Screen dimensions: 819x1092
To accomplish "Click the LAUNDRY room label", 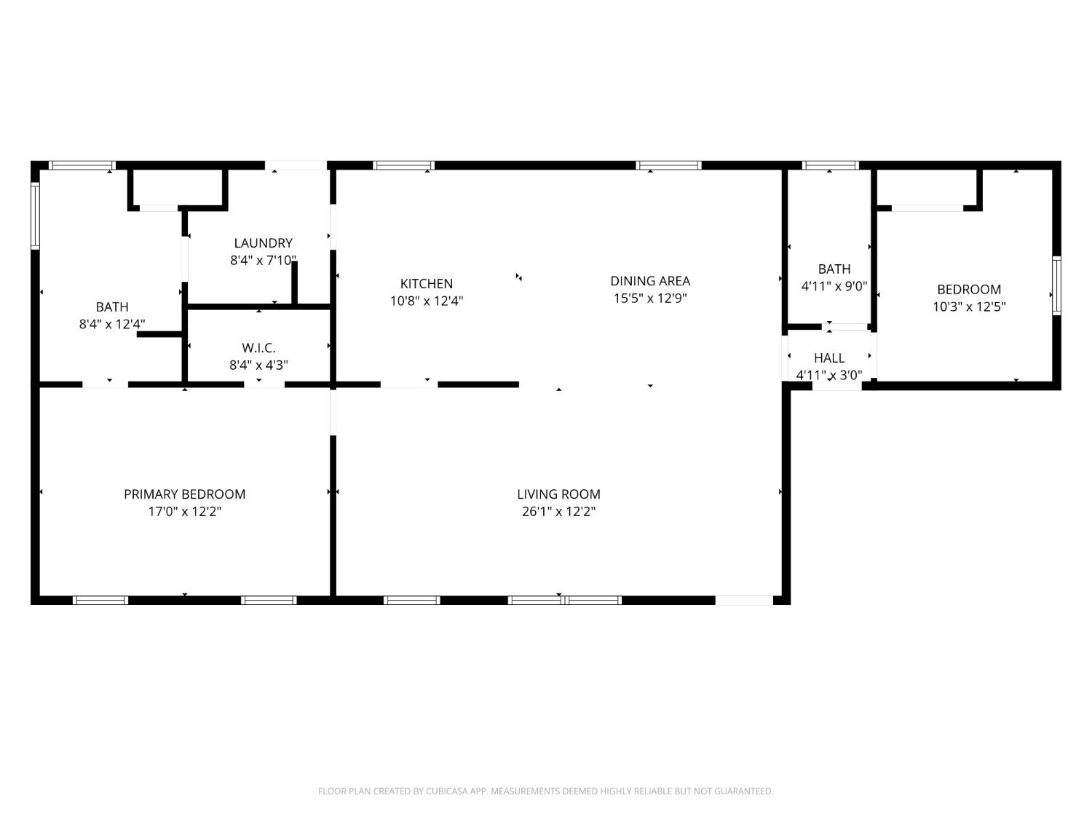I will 263,243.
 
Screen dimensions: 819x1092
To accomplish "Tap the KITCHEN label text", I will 427,284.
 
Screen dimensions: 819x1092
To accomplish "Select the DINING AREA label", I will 650,281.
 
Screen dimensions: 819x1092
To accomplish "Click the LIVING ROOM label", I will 558,494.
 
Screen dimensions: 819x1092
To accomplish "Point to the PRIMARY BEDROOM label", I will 184,494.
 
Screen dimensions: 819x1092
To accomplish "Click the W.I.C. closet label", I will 258,348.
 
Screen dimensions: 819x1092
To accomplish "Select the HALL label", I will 829,358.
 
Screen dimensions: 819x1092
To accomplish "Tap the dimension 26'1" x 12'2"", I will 558,512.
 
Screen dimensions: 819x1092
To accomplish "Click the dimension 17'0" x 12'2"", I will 184,512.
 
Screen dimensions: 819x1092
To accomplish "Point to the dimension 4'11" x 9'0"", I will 834,287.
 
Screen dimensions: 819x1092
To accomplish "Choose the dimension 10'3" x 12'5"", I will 969,307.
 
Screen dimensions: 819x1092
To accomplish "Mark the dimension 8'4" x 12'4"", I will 112,325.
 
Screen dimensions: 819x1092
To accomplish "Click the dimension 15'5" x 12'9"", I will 650,298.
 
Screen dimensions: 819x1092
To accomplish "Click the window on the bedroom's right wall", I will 1056,285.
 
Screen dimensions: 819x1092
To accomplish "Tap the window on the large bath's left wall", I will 34,215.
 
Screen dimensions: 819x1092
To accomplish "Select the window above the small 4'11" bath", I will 830,165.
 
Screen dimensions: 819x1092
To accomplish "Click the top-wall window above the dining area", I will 669,165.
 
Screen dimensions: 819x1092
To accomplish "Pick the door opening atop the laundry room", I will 296,165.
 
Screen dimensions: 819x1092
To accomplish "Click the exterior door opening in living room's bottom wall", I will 744,601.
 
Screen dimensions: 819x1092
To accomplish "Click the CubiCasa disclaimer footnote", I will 545,791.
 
